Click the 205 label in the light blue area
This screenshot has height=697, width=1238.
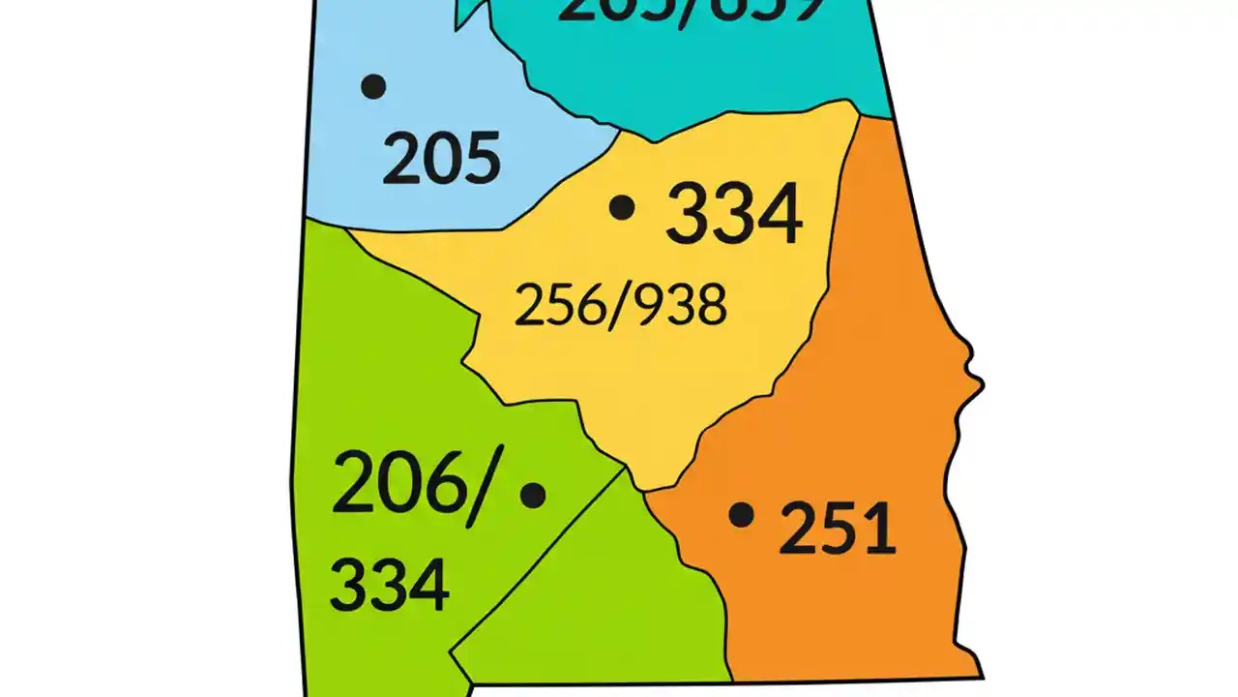(x=441, y=159)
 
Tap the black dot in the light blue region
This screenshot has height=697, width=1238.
(x=373, y=86)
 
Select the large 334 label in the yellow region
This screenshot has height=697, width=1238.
(x=734, y=214)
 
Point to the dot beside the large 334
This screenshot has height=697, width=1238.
(x=622, y=206)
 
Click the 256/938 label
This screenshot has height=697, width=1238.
(x=620, y=306)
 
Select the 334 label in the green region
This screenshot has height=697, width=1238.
(x=390, y=584)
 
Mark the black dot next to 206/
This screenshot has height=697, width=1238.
(x=533, y=495)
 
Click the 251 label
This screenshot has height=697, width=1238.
(x=837, y=530)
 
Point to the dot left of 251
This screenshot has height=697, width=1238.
(x=741, y=515)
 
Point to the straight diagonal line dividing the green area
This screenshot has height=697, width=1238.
(x=542, y=561)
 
